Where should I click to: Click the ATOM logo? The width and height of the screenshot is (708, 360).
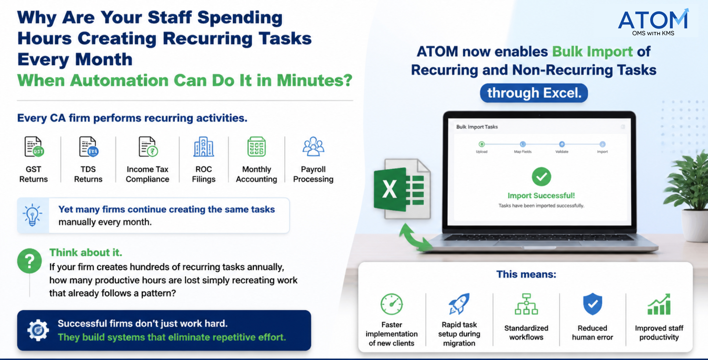tap(654, 22)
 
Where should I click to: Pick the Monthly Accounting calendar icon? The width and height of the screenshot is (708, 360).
tap(256, 147)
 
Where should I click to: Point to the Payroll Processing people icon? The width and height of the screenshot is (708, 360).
tap(313, 146)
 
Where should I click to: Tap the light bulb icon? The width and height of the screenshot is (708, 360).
tap(32, 215)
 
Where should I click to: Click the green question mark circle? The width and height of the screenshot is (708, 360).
tap(29, 261)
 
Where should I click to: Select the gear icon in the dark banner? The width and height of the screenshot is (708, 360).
tap(38, 330)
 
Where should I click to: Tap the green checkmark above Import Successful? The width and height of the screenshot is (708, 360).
tap(541, 177)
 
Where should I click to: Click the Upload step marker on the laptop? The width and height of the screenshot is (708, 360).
tap(481, 144)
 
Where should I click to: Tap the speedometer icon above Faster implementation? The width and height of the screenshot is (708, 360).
tap(391, 304)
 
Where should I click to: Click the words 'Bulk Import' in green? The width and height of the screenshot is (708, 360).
tap(593, 52)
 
